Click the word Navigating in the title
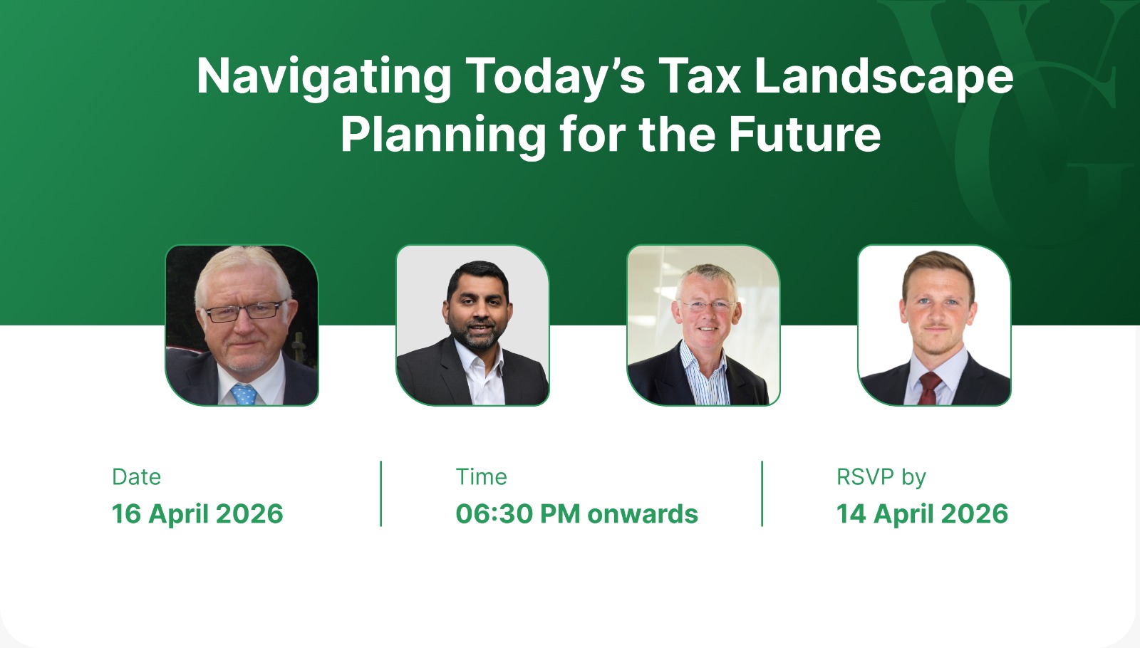coord(323,78)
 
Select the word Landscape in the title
coord(884,78)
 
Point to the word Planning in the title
coord(443,136)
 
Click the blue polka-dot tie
coord(244,394)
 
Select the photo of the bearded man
coord(473,325)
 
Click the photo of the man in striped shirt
coord(703,325)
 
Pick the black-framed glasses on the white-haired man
coord(245,310)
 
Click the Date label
coord(136,477)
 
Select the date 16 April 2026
coord(197,513)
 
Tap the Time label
coord(482,477)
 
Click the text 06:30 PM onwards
coord(577,513)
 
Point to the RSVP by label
coord(881,478)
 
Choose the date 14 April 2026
coord(922,513)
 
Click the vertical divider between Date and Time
coord(380,493)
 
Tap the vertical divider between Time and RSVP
coord(762,493)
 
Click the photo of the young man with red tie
coord(934,325)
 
